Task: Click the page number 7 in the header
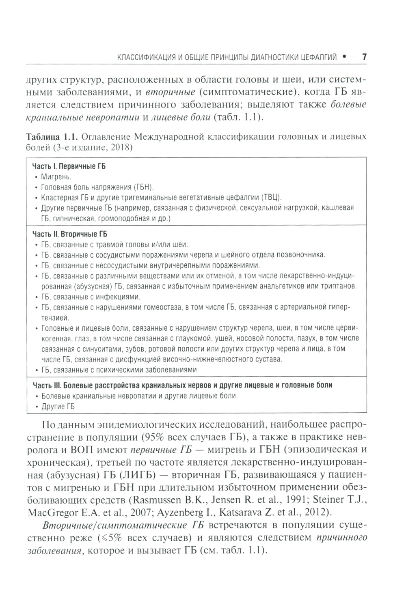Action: coord(364,57)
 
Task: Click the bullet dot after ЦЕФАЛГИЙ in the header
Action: coord(344,57)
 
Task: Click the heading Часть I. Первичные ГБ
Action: coord(69,166)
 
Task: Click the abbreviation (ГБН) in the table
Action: coord(144,187)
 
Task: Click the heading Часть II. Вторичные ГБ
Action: coord(69,235)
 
